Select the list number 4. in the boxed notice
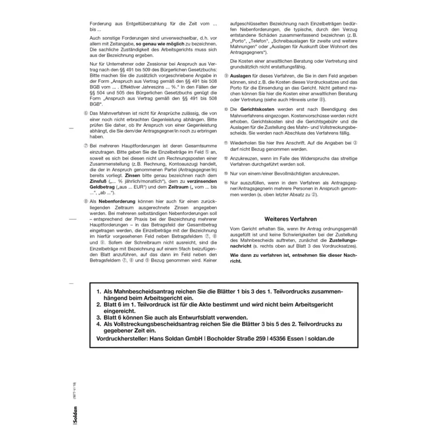click(99, 324)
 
